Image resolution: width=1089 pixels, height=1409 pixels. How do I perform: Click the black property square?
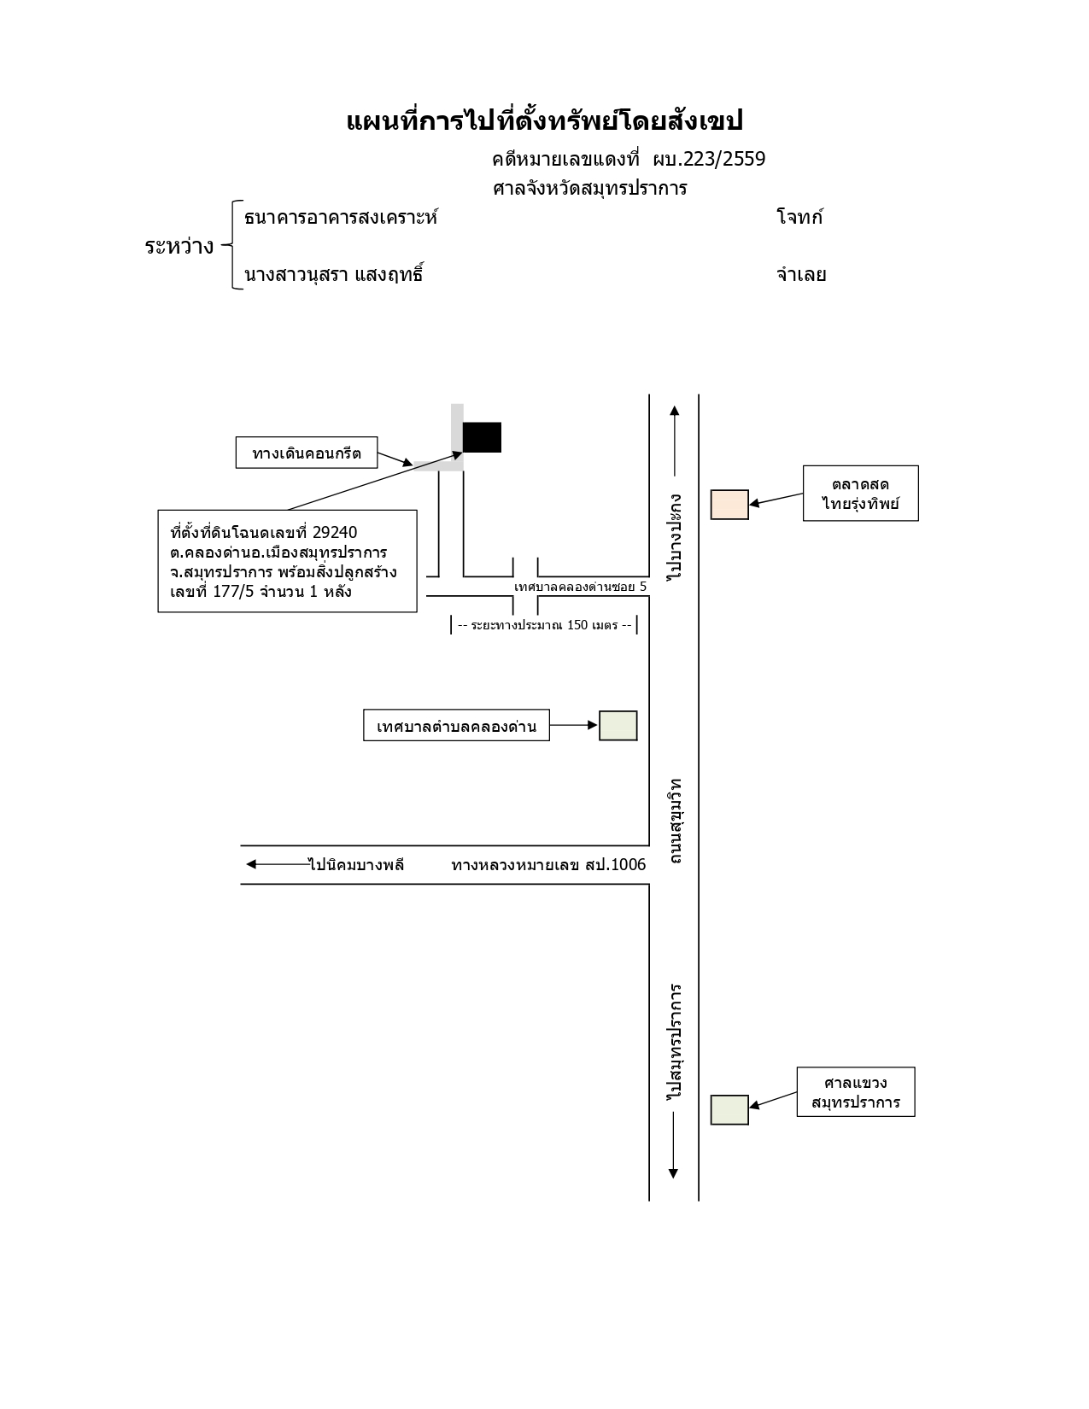click(x=481, y=437)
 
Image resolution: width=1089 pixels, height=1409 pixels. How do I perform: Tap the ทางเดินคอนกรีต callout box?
click(x=306, y=453)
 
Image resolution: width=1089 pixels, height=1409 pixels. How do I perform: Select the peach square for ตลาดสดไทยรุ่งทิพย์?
click(x=729, y=505)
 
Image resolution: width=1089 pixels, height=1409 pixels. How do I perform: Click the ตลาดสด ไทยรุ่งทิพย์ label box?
click(x=860, y=494)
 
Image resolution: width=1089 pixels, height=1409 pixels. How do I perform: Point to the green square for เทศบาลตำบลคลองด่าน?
click(x=618, y=726)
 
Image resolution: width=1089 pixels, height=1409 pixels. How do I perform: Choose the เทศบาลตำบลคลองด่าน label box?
click(x=456, y=726)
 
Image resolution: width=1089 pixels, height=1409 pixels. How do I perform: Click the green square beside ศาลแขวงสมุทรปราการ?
click(x=729, y=1110)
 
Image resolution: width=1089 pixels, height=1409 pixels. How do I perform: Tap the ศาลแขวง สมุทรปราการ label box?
click(x=856, y=1092)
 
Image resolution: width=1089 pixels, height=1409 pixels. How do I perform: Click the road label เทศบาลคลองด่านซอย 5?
click(x=580, y=587)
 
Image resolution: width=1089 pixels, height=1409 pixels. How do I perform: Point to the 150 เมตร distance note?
click(x=544, y=625)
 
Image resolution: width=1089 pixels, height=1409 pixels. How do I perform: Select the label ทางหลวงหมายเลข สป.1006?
click(x=548, y=865)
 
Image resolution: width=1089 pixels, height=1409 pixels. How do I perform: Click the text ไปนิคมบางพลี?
click(x=356, y=865)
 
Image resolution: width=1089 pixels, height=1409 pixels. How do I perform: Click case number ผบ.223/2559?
click(x=709, y=160)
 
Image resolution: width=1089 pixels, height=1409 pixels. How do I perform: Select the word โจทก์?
click(x=799, y=217)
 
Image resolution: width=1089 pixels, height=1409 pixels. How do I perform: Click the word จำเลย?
click(x=801, y=274)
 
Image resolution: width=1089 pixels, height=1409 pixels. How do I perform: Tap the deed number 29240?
click(x=335, y=533)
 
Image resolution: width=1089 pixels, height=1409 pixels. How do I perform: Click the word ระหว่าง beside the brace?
click(x=179, y=247)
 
